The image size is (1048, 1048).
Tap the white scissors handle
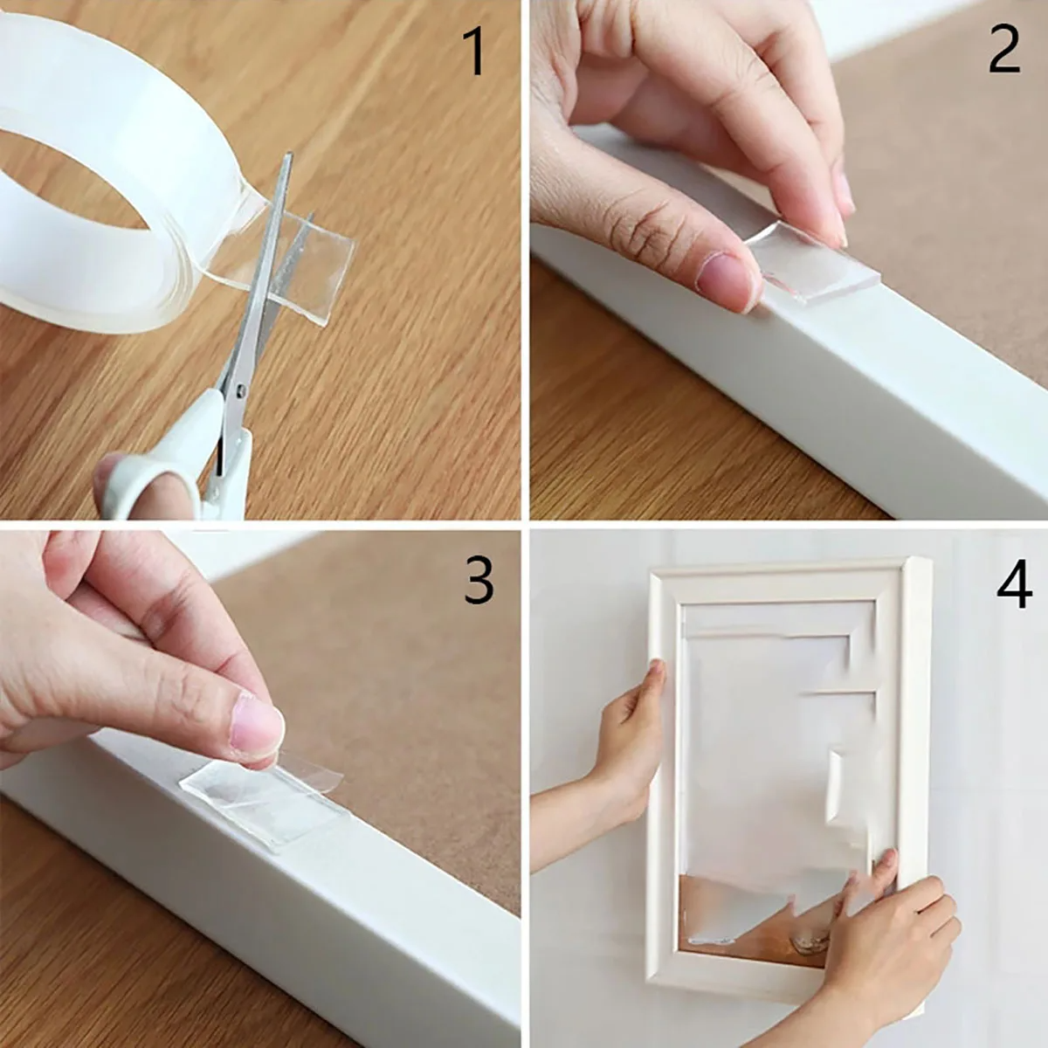pos(166,472)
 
